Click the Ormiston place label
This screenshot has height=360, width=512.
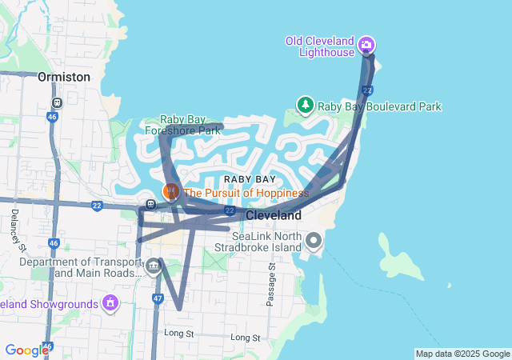63,77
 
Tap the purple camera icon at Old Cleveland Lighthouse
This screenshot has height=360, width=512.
366,44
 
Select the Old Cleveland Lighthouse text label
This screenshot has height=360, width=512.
320,46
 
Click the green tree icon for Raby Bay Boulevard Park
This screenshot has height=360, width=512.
305,105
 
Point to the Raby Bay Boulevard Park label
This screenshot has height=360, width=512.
379,106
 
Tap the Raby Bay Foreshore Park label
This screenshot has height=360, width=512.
182,125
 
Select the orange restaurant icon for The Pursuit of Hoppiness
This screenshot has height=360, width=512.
170,192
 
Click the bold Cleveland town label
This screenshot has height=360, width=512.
274,216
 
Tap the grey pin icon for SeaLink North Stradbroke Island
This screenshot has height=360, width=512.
313,240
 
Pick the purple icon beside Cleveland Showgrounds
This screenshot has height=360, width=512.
110,303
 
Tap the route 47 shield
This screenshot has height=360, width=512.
158,298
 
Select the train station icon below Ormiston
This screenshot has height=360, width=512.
57,102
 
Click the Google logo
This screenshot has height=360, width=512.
26,350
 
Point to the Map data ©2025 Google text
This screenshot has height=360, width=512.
462,354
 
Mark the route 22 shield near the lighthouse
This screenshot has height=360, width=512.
366,90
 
